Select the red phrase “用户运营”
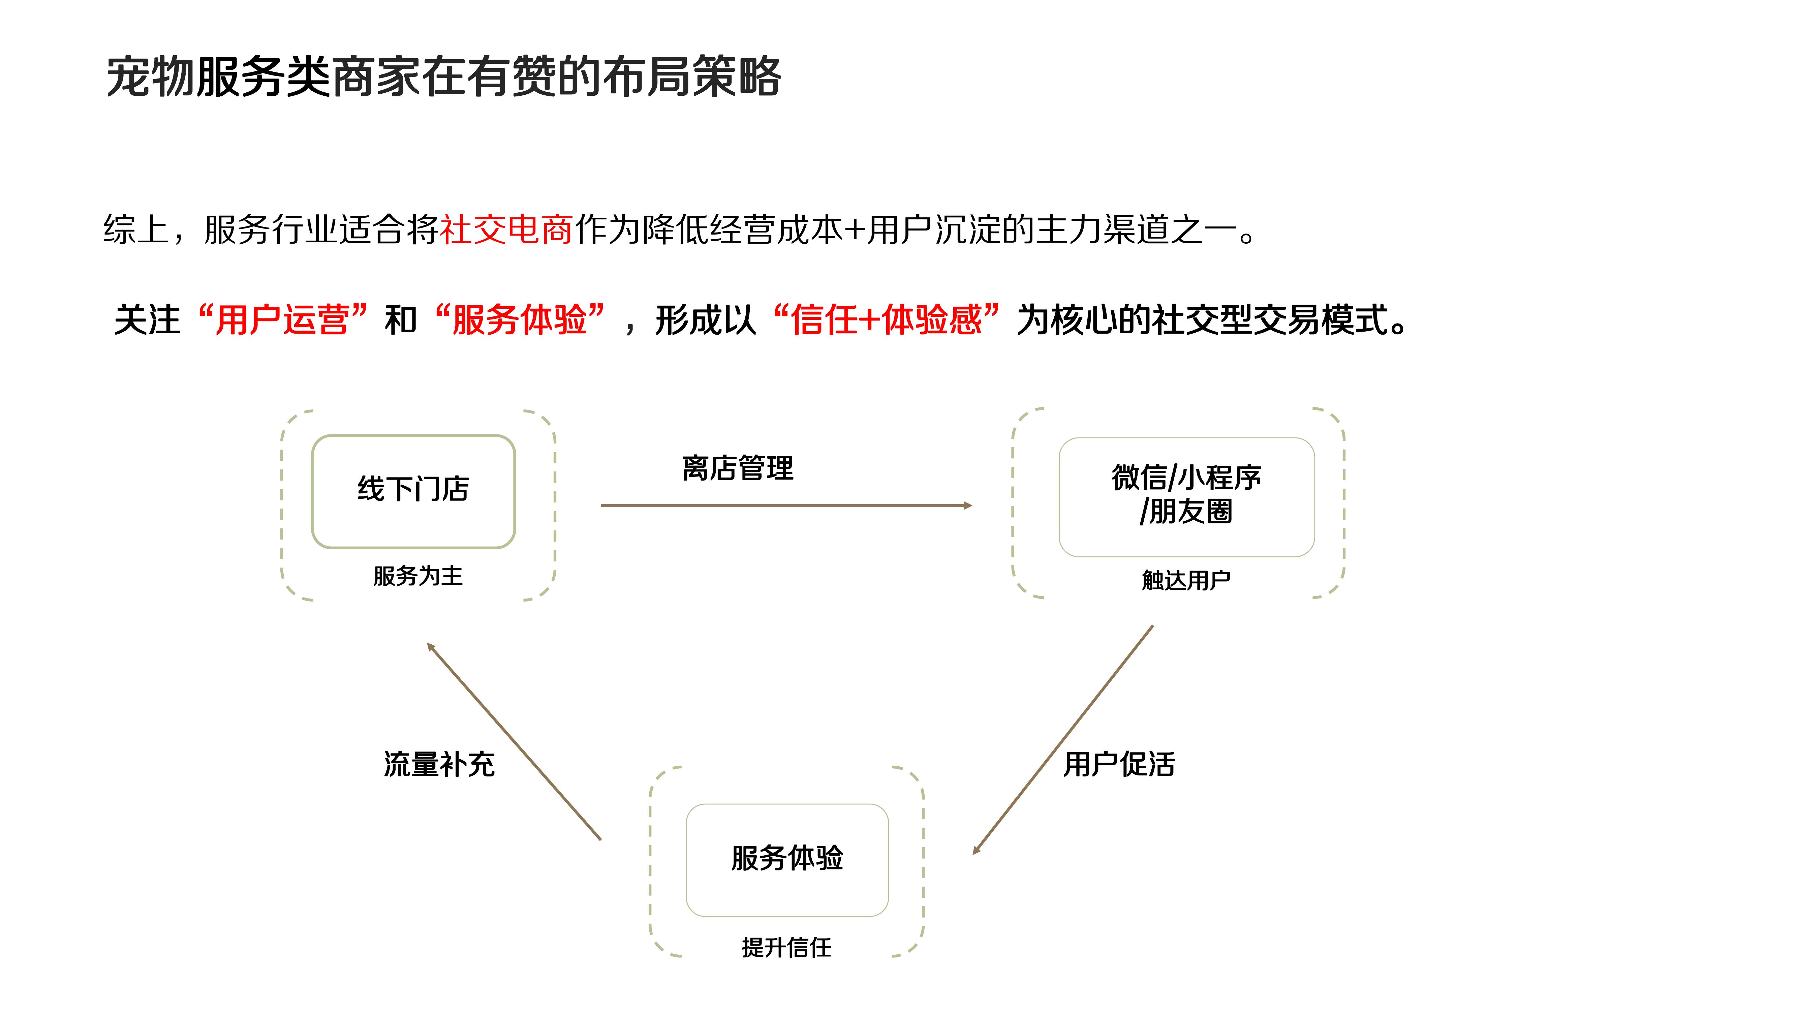(282, 320)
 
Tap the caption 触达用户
(1186, 580)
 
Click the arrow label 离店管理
(737, 468)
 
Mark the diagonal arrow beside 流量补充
(514, 741)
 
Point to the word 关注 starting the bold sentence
(147, 320)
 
